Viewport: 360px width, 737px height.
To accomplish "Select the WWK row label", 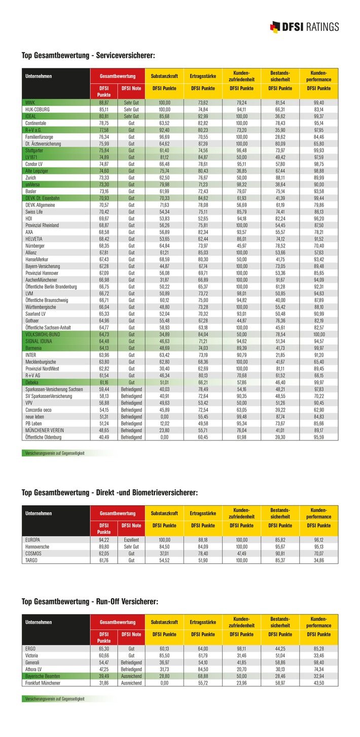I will pos(30,102).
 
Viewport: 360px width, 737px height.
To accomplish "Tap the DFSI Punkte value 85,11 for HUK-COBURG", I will pos(104,109).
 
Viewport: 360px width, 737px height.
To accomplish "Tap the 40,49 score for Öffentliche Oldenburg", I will pos(104,437).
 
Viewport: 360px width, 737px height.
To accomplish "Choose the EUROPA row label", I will pos(32,540).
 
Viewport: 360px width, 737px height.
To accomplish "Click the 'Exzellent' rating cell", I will pos(131,540).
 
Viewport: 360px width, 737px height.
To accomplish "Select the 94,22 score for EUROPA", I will pos(104,540).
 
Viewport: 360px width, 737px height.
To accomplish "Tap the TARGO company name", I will pos(31,561).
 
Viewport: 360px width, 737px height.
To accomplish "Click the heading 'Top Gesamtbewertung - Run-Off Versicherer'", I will pos(90,601).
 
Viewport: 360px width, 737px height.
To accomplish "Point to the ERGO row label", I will pos(30,649).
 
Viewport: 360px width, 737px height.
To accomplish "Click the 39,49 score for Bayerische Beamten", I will pos(104,676).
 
